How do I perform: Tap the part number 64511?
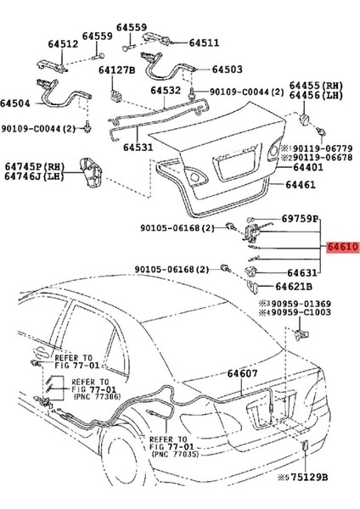tap(203, 42)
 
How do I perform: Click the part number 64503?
tap(228, 70)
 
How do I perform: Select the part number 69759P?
tap(300, 218)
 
